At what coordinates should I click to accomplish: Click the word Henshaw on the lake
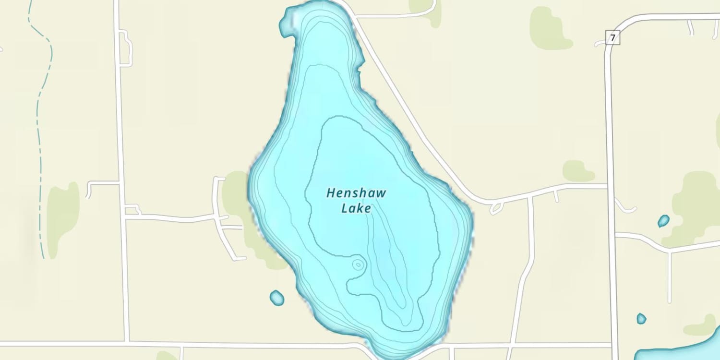coord(356,193)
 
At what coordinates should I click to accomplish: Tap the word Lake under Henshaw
coord(356,208)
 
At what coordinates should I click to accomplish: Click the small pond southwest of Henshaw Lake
coord(277,298)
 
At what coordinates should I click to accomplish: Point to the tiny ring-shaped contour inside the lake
coord(358,264)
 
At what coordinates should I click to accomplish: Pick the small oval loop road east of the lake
coord(496,208)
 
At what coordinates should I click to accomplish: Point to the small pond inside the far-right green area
coord(663,221)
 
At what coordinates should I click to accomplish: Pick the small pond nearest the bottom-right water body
coord(641,318)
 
